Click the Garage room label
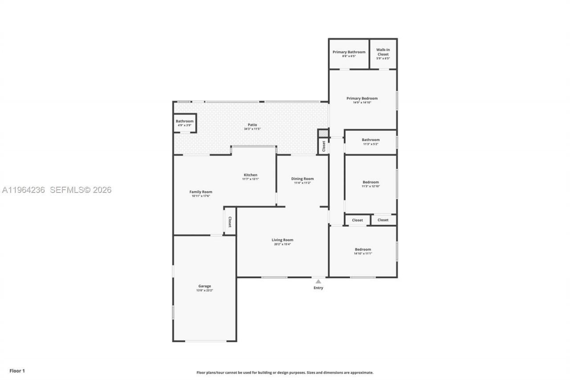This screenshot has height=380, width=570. click(x=204, y=286)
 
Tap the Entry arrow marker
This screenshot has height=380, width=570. click(x=318, y=282)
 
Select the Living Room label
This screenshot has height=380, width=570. click(x=282, y=240)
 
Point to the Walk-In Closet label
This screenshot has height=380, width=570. click(x=383, y=52)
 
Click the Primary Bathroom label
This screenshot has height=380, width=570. click(x=349, y=52)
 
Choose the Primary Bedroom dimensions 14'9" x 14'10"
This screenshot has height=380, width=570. click(x=362, y=102)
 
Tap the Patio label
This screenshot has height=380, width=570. click(x=252, y=125)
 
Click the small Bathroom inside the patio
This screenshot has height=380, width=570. click(x=184, y=123)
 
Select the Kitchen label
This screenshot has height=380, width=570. click(x=250, y=175)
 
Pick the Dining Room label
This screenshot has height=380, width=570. click(x=302, y=179)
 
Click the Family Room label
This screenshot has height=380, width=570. click(x=201, y=192)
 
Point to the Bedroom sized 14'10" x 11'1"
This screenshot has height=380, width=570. click(x=362, y=251)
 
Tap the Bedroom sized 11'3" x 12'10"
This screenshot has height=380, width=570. click(x=370, y=184)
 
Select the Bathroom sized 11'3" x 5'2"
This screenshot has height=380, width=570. click(x=370, y=142)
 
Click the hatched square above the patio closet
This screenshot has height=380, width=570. click(x=323, y=133)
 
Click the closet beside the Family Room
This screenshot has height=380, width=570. click(x=230, y=222)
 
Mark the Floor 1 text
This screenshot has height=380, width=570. click(x=17, y=371)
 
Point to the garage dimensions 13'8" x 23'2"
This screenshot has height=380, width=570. click(x=204, y=290)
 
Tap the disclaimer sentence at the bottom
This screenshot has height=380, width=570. click(x=285, y=372)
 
